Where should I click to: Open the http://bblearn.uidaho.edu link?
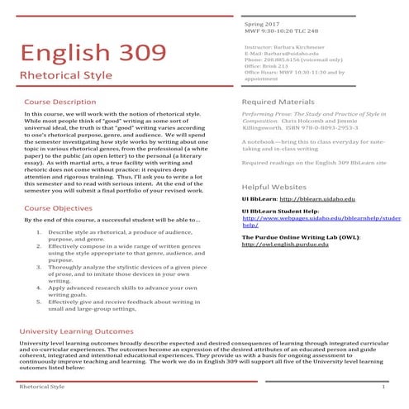point(318,199)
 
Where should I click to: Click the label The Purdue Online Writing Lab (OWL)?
point(292,237)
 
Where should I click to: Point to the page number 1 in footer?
point(384,388)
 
